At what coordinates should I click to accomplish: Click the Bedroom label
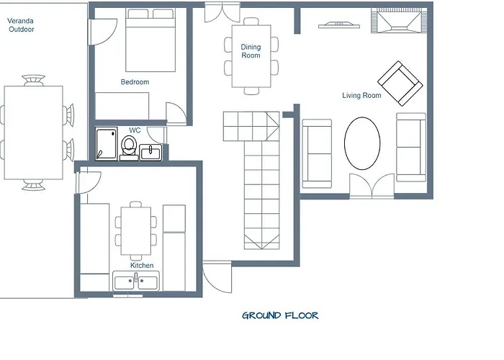click(135, 82)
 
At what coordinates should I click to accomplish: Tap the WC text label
click(135, 130)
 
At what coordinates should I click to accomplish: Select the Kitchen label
click(142, 266)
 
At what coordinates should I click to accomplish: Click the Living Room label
click(361, 96)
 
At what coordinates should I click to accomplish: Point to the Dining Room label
click(251, 51)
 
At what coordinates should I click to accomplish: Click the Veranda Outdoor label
click(21, 25)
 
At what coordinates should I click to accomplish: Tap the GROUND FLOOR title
click(280, 315)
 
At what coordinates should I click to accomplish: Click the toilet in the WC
click(129, 148)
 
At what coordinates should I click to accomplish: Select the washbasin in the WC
click(150, 152)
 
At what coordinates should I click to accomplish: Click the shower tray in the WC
click(106, 144)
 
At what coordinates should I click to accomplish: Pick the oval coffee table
click(362, 143)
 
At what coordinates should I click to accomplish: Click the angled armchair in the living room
click(400, 84)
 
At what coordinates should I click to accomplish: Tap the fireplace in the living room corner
click(400, 20)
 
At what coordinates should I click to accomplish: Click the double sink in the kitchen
click(136, 282)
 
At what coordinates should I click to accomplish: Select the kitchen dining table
click(136, 231)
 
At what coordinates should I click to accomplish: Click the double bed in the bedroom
click(150, 40)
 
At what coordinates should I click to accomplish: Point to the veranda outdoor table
click(33, 132)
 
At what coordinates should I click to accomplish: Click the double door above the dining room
click(222, 12)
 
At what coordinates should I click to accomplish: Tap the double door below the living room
click(372, 186)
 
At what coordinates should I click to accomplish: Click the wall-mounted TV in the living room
click(339, 25)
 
